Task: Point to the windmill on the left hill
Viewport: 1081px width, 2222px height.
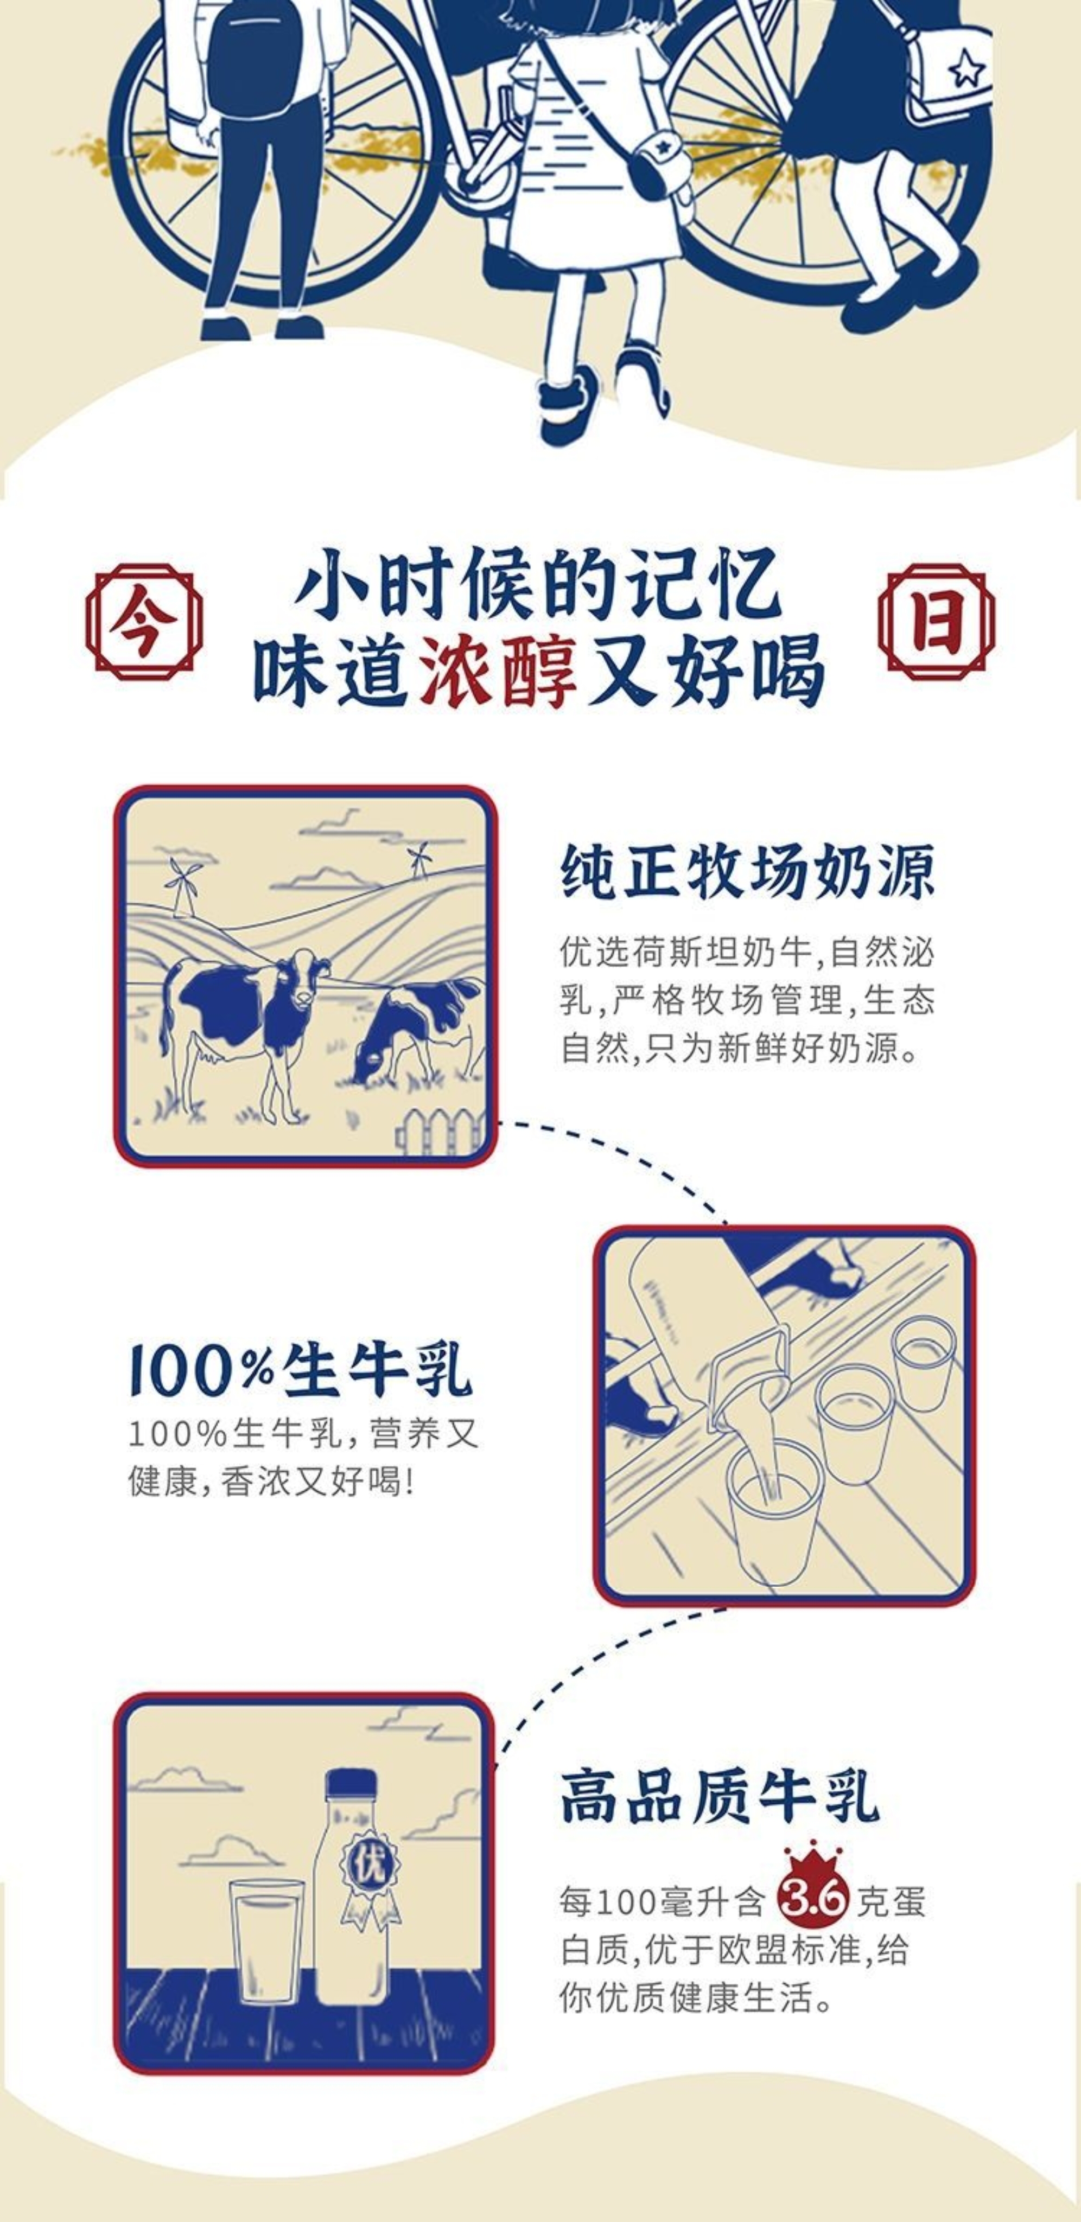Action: coord(183,885)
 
